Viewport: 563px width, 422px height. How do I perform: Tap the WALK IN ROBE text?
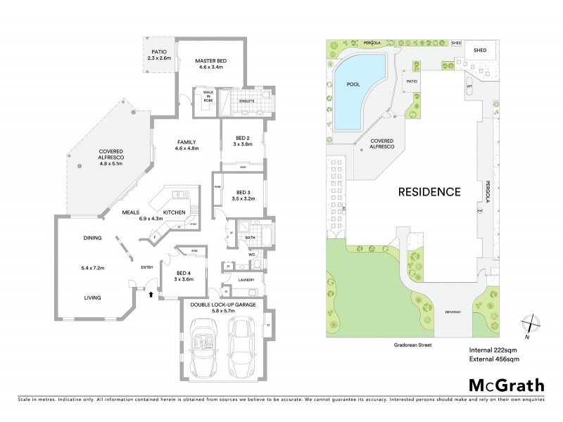[208, 96]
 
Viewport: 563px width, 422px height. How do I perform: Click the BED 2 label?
[243, 141]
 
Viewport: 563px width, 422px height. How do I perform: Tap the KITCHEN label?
[174, 212]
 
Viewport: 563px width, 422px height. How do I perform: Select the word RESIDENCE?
[430, 191]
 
